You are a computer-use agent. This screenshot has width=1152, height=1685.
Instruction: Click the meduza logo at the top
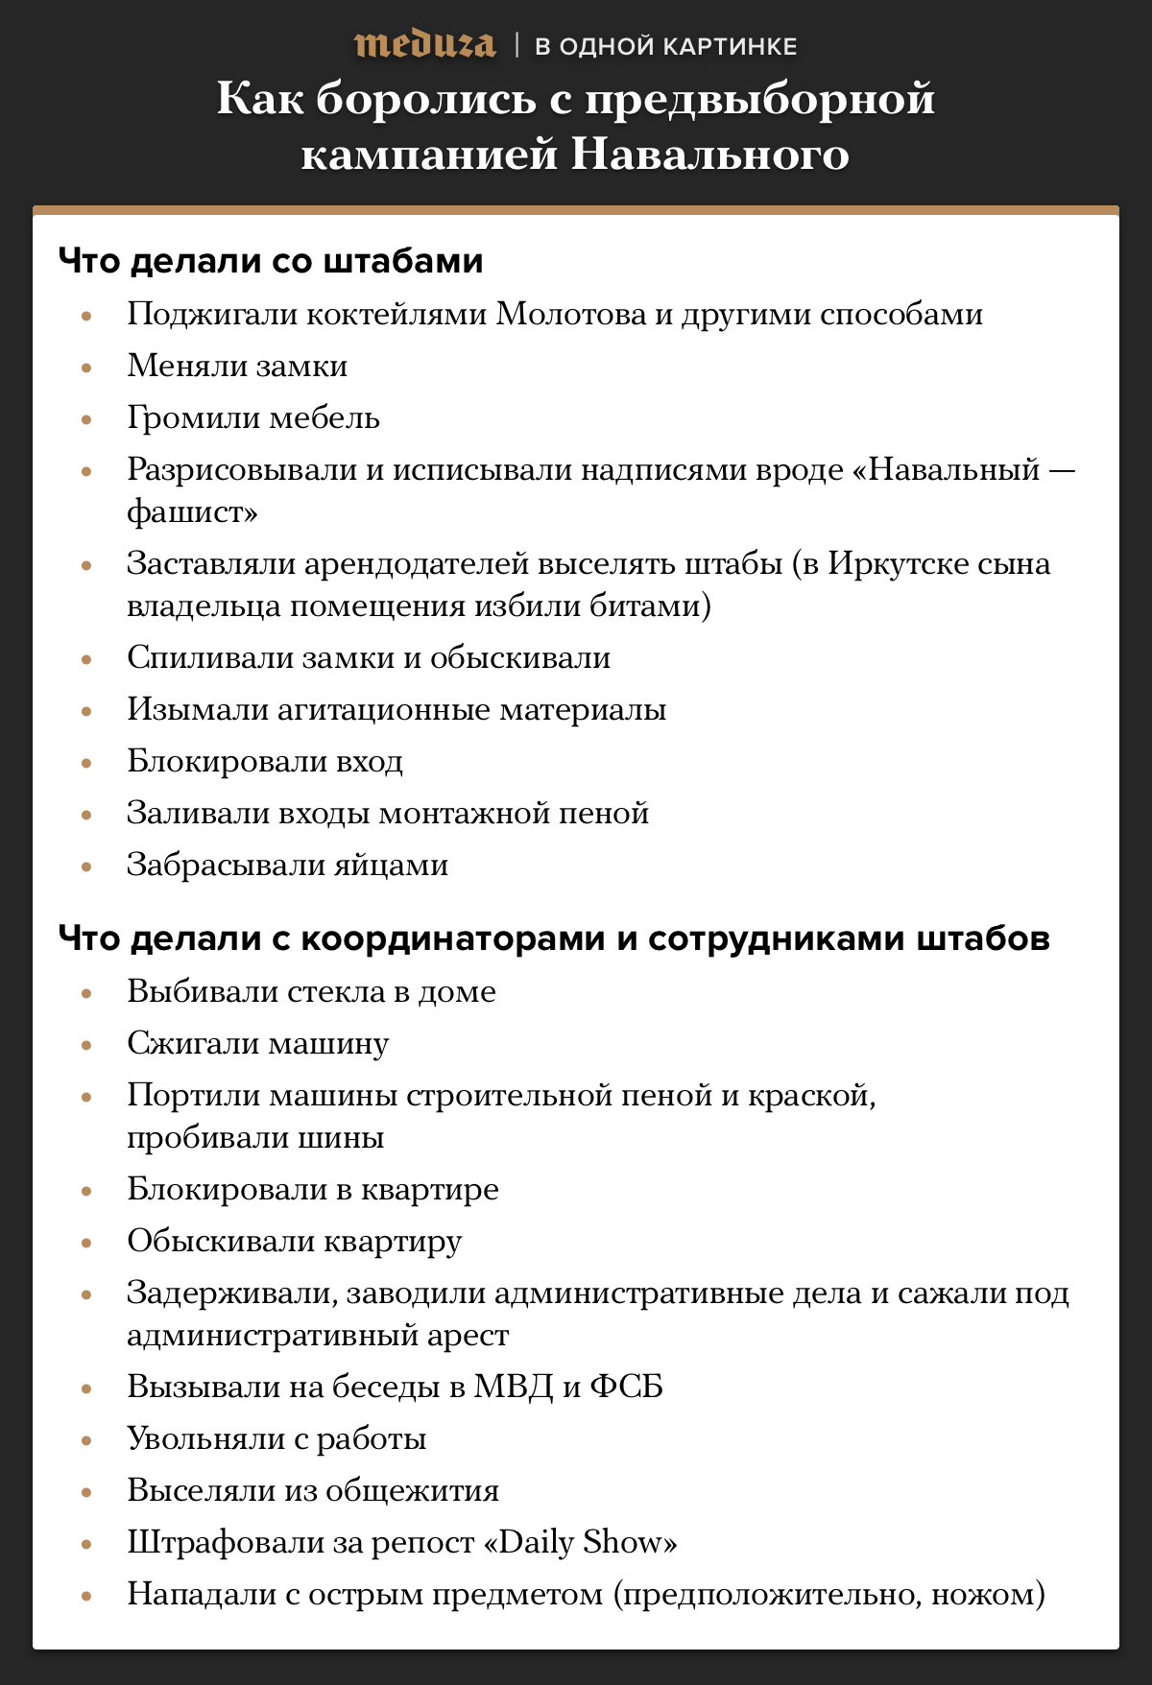(x=424, y=45)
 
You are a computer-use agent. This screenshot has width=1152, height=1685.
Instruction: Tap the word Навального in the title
(x=710, y=154)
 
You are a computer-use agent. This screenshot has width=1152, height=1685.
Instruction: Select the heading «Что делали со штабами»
(x=271, y=261)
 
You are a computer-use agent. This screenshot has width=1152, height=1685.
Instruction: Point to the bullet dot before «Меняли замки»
(x=86, y=367)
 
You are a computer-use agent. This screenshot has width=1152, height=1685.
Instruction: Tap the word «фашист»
(x=192, y=512)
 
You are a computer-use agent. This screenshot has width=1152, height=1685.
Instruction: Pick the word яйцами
(x=392, y=866)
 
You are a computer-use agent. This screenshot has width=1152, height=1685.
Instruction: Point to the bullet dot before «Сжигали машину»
(x=86, y=1044)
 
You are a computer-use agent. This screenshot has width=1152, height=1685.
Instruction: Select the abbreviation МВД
(x=514, y=1388)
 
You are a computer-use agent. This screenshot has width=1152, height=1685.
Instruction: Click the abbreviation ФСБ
(x=626, y=1388)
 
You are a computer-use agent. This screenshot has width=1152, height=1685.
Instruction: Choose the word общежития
(x=413, y=1491)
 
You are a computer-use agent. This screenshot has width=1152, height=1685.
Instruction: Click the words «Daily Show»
(x=582, y=1543)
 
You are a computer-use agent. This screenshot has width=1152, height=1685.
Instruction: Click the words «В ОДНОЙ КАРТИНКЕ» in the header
(x=666, y=46)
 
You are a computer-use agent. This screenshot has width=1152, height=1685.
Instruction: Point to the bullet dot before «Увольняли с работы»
(x=86, y=1439)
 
